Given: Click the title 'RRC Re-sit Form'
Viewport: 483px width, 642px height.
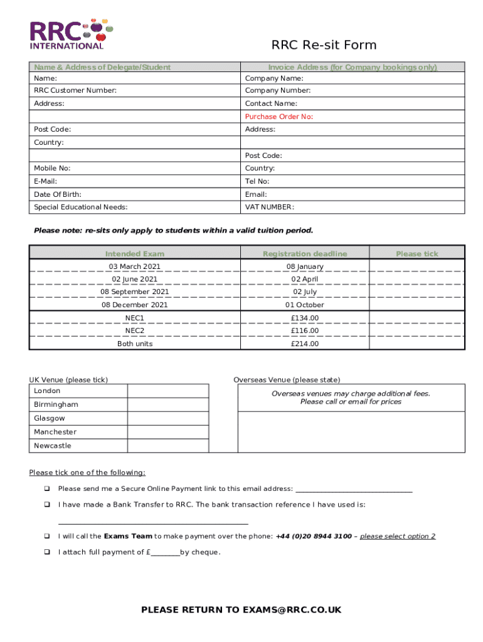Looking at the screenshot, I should coord(324,45).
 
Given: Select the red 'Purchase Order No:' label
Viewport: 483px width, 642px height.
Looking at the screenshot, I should coord(279,117).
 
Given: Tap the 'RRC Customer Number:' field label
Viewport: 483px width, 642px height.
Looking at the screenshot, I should coord(75,91).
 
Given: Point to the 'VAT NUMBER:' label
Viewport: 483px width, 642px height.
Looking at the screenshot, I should coord(269,207).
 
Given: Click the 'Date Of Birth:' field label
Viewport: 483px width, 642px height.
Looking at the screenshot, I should coord(58,194).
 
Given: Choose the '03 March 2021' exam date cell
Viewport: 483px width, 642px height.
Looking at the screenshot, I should coord(135,266).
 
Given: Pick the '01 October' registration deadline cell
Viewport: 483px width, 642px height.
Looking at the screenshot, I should coord(305,305).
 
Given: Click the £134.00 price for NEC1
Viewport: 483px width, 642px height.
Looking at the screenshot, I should coord(305,318).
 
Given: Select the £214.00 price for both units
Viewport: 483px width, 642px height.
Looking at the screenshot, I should coord(305,344).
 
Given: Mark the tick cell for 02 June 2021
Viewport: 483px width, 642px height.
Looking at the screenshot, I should coord(417,279).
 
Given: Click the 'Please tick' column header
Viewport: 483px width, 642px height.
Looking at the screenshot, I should coord(417,254).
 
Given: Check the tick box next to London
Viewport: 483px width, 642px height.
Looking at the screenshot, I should coord(167,391).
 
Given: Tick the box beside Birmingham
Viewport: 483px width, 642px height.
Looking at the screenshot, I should coord(167,404).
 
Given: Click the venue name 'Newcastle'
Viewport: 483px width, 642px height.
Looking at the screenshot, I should coord(53,446).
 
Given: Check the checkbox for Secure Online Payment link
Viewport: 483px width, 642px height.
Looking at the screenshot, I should coord(46,488).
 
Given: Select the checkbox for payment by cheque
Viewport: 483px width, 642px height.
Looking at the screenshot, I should coord(46,552).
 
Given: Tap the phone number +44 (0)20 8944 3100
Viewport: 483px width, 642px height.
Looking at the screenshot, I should coord(314,536).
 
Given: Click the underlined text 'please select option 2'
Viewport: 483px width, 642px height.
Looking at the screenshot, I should coord(398,536).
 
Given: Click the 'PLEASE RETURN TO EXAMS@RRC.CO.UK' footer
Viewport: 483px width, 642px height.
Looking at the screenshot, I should coord(242,610).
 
